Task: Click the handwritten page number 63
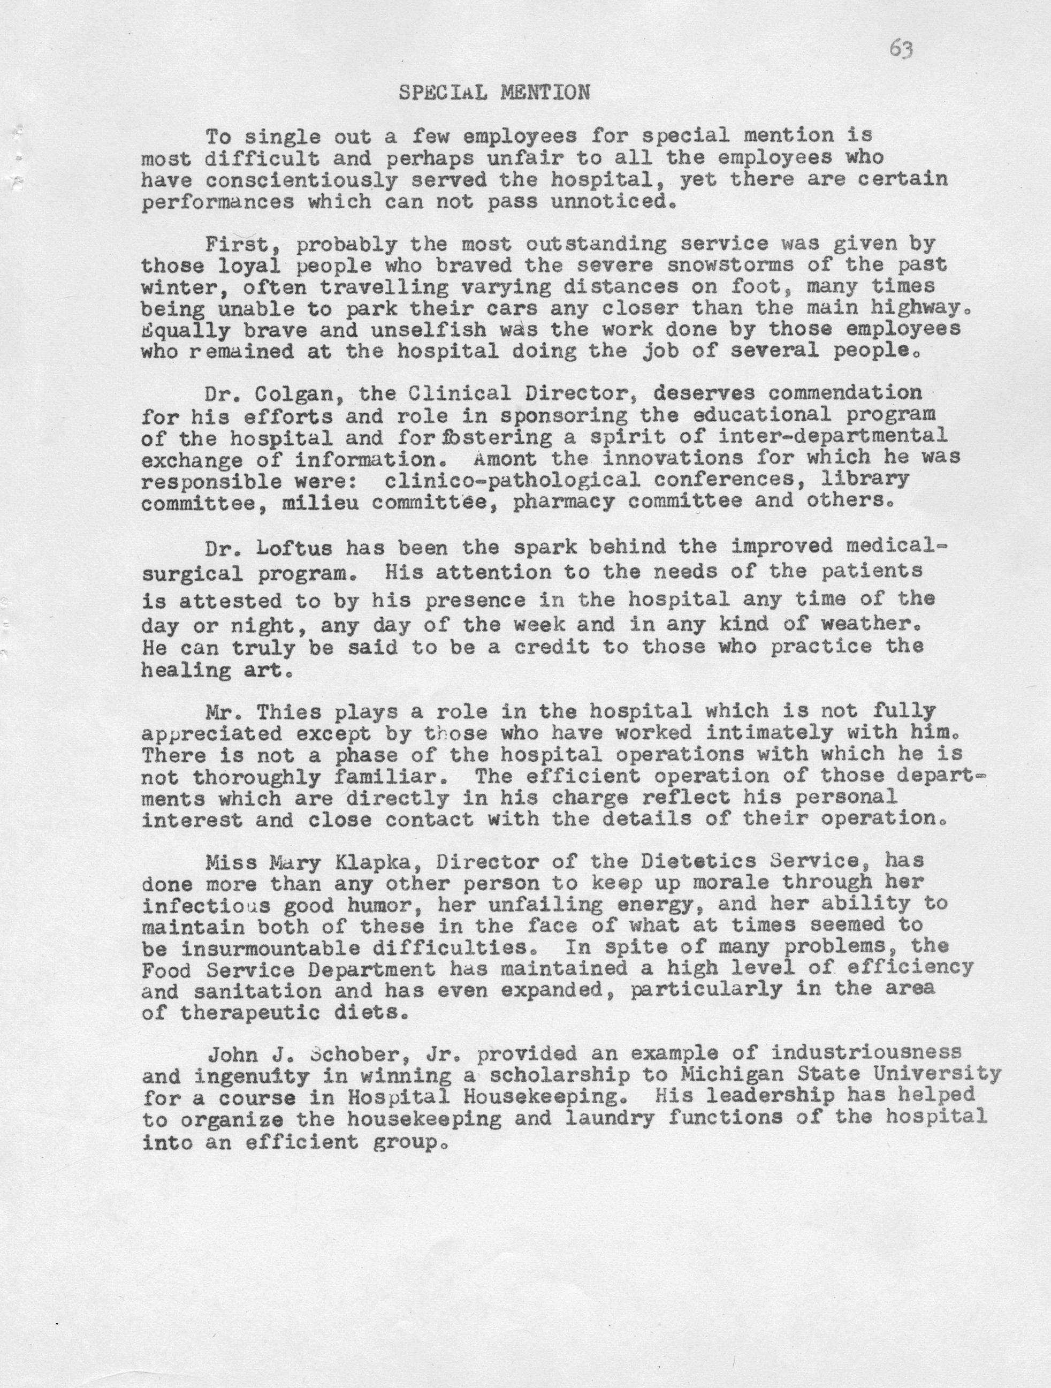901,49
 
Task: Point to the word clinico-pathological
512,480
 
